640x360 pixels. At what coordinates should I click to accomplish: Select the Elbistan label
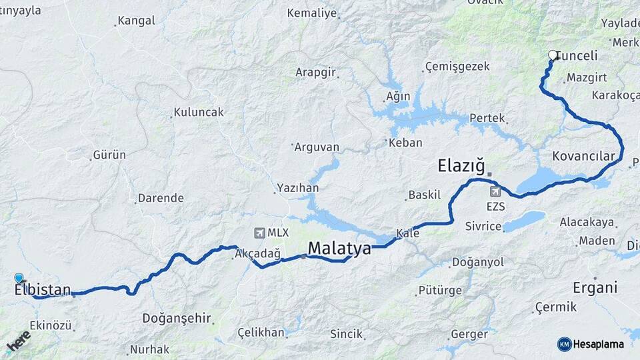click(43, 290)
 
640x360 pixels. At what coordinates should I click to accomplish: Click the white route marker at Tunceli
click(552, 55)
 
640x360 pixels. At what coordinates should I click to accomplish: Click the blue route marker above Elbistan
click(19, 278)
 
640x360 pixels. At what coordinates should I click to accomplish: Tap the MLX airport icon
click(259, 233)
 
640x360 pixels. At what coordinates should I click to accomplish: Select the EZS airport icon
click(494, 192)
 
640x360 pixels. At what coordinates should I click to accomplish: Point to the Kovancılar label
click(583, 156)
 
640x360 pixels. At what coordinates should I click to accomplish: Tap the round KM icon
click(565, 344)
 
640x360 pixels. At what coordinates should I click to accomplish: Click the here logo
click(19, 341)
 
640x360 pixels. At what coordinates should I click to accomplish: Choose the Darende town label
click(160, 198)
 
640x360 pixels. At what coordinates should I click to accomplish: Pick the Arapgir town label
click(315, 72)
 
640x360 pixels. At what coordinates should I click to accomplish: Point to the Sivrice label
click(483, 227)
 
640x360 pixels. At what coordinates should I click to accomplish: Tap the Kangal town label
click(137, 21)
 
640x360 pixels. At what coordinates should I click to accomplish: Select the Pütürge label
click(439, 290)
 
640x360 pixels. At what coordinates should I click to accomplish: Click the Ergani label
click(595, 288)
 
